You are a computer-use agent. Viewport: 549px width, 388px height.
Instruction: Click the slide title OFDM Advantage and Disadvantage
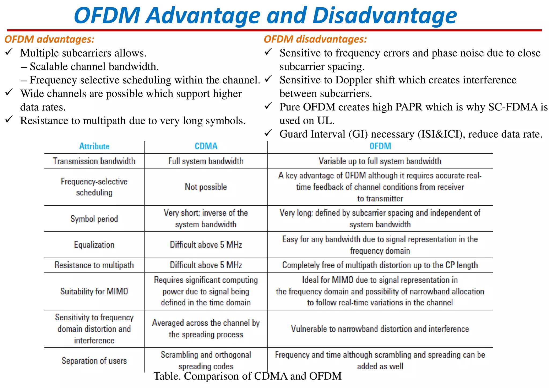point(265,16)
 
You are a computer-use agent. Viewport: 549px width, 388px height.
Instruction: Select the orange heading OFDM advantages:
point(50,39)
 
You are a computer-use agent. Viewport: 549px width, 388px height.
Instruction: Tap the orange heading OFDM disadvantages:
point(315,39)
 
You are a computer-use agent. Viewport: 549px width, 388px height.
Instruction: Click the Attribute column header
point(94,146)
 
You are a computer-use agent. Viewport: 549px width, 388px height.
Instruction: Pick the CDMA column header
point(206,146)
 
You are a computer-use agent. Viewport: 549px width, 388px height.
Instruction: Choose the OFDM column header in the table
point(380,146)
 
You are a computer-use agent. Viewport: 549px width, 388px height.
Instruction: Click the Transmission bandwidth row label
point(94,161)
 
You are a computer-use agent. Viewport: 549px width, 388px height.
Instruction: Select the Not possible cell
point(206,187)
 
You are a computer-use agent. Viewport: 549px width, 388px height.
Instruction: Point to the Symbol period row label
point(94,219)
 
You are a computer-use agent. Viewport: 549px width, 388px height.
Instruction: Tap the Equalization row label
point(94,245)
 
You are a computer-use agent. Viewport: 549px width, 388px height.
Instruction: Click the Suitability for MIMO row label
point(94,291)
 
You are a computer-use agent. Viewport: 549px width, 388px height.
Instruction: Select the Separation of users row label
point(94,361)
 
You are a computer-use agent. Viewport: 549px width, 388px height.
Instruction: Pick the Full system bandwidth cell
point(206,161)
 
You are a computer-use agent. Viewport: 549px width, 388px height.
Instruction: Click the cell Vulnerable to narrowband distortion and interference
point(380,329)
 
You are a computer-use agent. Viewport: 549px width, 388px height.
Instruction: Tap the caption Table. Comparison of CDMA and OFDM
point(247,376)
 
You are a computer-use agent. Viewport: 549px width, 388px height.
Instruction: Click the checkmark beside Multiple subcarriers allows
point(9,52)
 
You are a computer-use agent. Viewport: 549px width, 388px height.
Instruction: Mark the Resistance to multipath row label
point(94,265)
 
